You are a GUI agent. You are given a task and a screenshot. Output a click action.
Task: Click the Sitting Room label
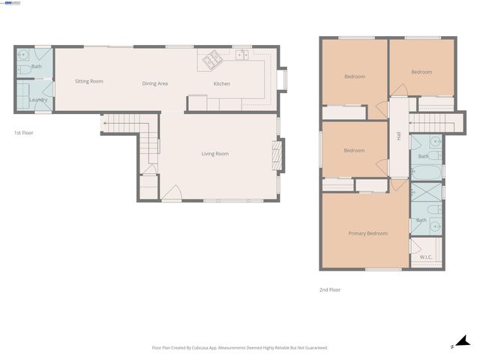click(89, 81)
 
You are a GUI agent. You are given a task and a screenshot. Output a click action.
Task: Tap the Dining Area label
click(154, 83)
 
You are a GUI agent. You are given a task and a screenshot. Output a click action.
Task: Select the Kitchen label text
click(222, 83)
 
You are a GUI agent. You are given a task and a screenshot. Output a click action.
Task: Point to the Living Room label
click(214, 154)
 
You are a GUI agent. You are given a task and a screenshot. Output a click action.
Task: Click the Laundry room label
click(38, 100)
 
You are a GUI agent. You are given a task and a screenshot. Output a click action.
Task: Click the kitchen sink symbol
click(241, 55)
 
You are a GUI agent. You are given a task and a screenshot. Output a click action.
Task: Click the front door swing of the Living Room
click(171, 194)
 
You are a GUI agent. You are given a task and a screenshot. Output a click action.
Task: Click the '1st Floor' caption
click(23, 133)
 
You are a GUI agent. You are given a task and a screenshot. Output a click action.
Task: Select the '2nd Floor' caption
click(330, 289)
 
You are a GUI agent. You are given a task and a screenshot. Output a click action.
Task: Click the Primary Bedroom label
click(367, 233)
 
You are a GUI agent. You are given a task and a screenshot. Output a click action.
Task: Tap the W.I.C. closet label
click(426, 257)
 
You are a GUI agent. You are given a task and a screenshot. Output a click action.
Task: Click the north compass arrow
click(462, 342)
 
